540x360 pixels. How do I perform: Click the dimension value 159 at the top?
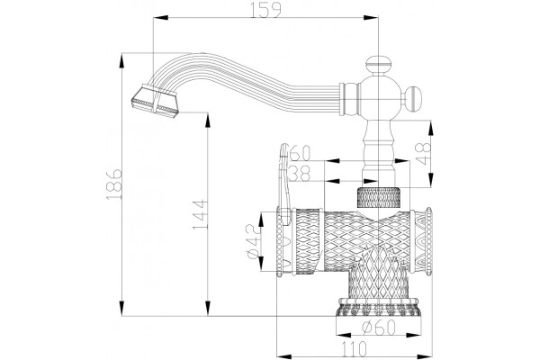[265, 10]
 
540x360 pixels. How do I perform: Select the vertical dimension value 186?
[114, 184]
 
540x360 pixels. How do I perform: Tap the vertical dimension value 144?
[201, 215]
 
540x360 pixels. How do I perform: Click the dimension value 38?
[300, 174]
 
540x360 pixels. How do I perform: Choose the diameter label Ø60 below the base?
[379, 327]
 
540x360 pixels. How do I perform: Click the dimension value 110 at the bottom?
[355, 348]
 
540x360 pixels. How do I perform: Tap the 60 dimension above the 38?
[300, 153]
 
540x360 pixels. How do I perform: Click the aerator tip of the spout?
[155, 101]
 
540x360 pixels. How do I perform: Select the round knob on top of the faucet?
[378, 64]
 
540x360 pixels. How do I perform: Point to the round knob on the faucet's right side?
[413, 99]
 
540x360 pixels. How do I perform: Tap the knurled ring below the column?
[379, 197]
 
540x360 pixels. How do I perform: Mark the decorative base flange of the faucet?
[379, 307]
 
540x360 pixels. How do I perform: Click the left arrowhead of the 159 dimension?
[160, 18]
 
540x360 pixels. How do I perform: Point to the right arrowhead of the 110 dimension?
[424, 356]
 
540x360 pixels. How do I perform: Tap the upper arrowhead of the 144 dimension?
[208, 121]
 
